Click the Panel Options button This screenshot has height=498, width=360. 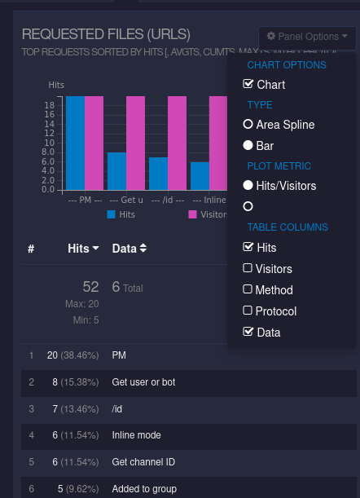click(307, 37)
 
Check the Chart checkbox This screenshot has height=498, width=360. click(248, 85)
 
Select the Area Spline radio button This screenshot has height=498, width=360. click(248, 125)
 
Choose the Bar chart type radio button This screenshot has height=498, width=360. click(248, 146)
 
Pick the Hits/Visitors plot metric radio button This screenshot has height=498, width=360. click(248, 186)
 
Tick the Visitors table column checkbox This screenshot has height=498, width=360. click(248, 269)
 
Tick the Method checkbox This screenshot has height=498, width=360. click(248, 289)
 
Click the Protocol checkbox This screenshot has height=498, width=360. click(248, 311)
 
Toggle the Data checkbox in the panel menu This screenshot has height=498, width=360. click(248, 332)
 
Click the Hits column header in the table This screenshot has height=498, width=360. click(83, 248)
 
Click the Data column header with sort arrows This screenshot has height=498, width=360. click(130, 248)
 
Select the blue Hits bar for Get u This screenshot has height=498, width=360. click(116, 170)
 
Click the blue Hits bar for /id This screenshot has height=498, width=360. click(158, 173)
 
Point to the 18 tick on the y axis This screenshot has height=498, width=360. click(50, 105)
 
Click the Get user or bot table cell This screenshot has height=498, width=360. click(143, 381)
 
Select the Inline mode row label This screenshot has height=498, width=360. click(136, 435)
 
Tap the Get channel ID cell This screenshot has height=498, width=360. click(143, 462)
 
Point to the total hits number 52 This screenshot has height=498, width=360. click(90, 287)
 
